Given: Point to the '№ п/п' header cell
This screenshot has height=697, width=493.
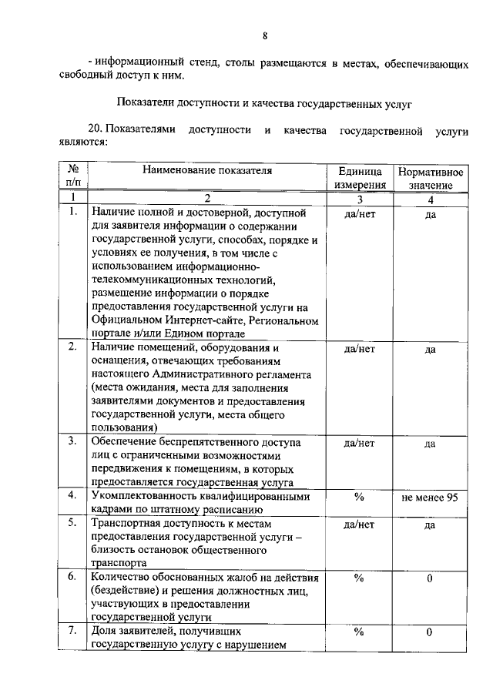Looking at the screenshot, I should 75,176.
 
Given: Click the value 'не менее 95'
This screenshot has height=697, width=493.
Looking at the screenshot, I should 430,498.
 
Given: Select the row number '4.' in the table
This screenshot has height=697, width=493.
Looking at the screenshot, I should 72,496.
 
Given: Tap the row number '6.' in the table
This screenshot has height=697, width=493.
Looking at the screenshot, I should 72,577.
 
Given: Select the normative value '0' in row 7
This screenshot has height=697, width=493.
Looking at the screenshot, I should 430,632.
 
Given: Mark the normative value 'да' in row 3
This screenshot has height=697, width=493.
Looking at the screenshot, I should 430,444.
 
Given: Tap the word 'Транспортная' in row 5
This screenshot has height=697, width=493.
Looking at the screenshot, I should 123,524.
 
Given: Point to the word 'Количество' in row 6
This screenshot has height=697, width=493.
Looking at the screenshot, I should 118,578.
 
